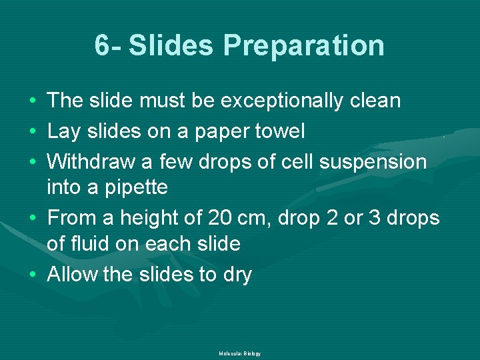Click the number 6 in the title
[102, 46]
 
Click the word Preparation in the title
[303, 46]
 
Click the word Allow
[72, 274]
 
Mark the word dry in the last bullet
[237, 274]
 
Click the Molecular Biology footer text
[239, 353]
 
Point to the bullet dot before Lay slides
[33, 131]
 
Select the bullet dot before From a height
[33, 218]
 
